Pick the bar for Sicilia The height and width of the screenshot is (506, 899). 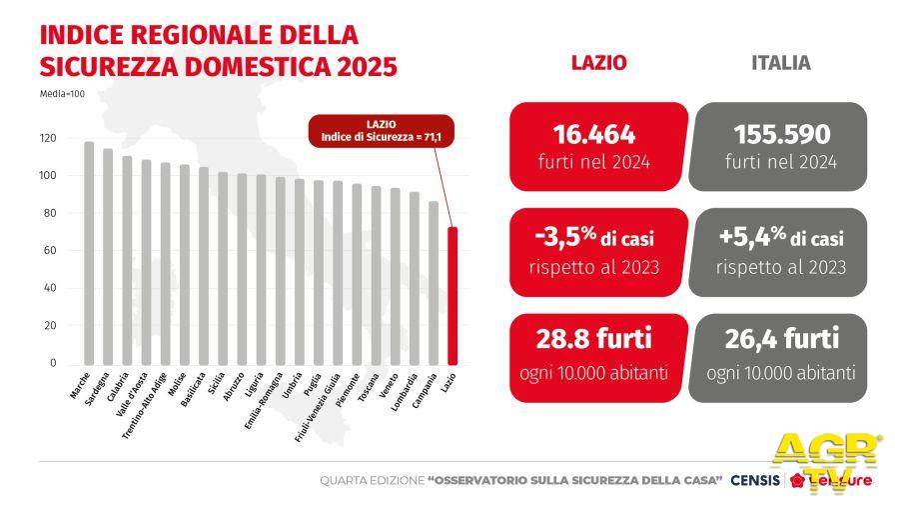(223, 268)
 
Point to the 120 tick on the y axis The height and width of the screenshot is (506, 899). (47, 138)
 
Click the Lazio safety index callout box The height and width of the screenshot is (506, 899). (381, 130)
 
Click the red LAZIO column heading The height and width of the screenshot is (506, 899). (598, 62)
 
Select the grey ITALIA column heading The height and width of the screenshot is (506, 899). (780, 62)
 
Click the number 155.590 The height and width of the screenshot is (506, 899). (780, 134)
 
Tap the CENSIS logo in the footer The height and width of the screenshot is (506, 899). (755, 481)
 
